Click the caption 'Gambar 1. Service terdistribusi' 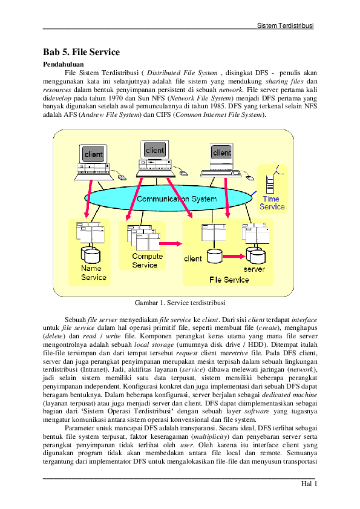tap(180, 301)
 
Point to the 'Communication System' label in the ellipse tap(177, 199)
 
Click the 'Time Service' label tap(272, 203)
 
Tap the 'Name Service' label tap(94, 273)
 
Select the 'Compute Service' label tap(148, 260)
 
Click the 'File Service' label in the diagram tap(229, 280)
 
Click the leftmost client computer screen tap(94, 154)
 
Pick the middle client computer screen tap(155, 150)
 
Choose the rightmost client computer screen tap(221, 153)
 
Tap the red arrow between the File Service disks tap(232, 256)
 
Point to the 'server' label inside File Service tap(254, 269)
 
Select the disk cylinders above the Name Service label tap(91, 252)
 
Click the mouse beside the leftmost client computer tap(122, 177)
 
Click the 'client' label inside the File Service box tap(192, 259)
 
